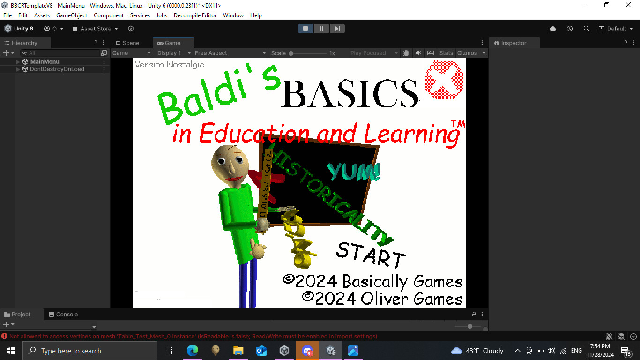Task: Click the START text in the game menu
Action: tap(370, 255)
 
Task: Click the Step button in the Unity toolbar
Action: tap(337, 29)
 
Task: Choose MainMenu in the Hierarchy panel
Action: tap(45, 61)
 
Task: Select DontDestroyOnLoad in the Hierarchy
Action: tap(57, 69)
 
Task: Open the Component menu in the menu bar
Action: tap(109, 15)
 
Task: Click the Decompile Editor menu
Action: tap(195, 15)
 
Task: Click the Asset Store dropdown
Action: tap(96, 29)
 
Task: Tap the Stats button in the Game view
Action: tap(446, 53)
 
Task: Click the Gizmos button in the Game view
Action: tap(467, 53)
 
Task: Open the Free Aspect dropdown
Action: tap(230, 53)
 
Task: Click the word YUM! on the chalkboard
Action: tap(354, 172)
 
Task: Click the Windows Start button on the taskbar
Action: tap(11, 351)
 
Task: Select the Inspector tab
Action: tap(513, 43)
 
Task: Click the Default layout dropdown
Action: tap(615, 29)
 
